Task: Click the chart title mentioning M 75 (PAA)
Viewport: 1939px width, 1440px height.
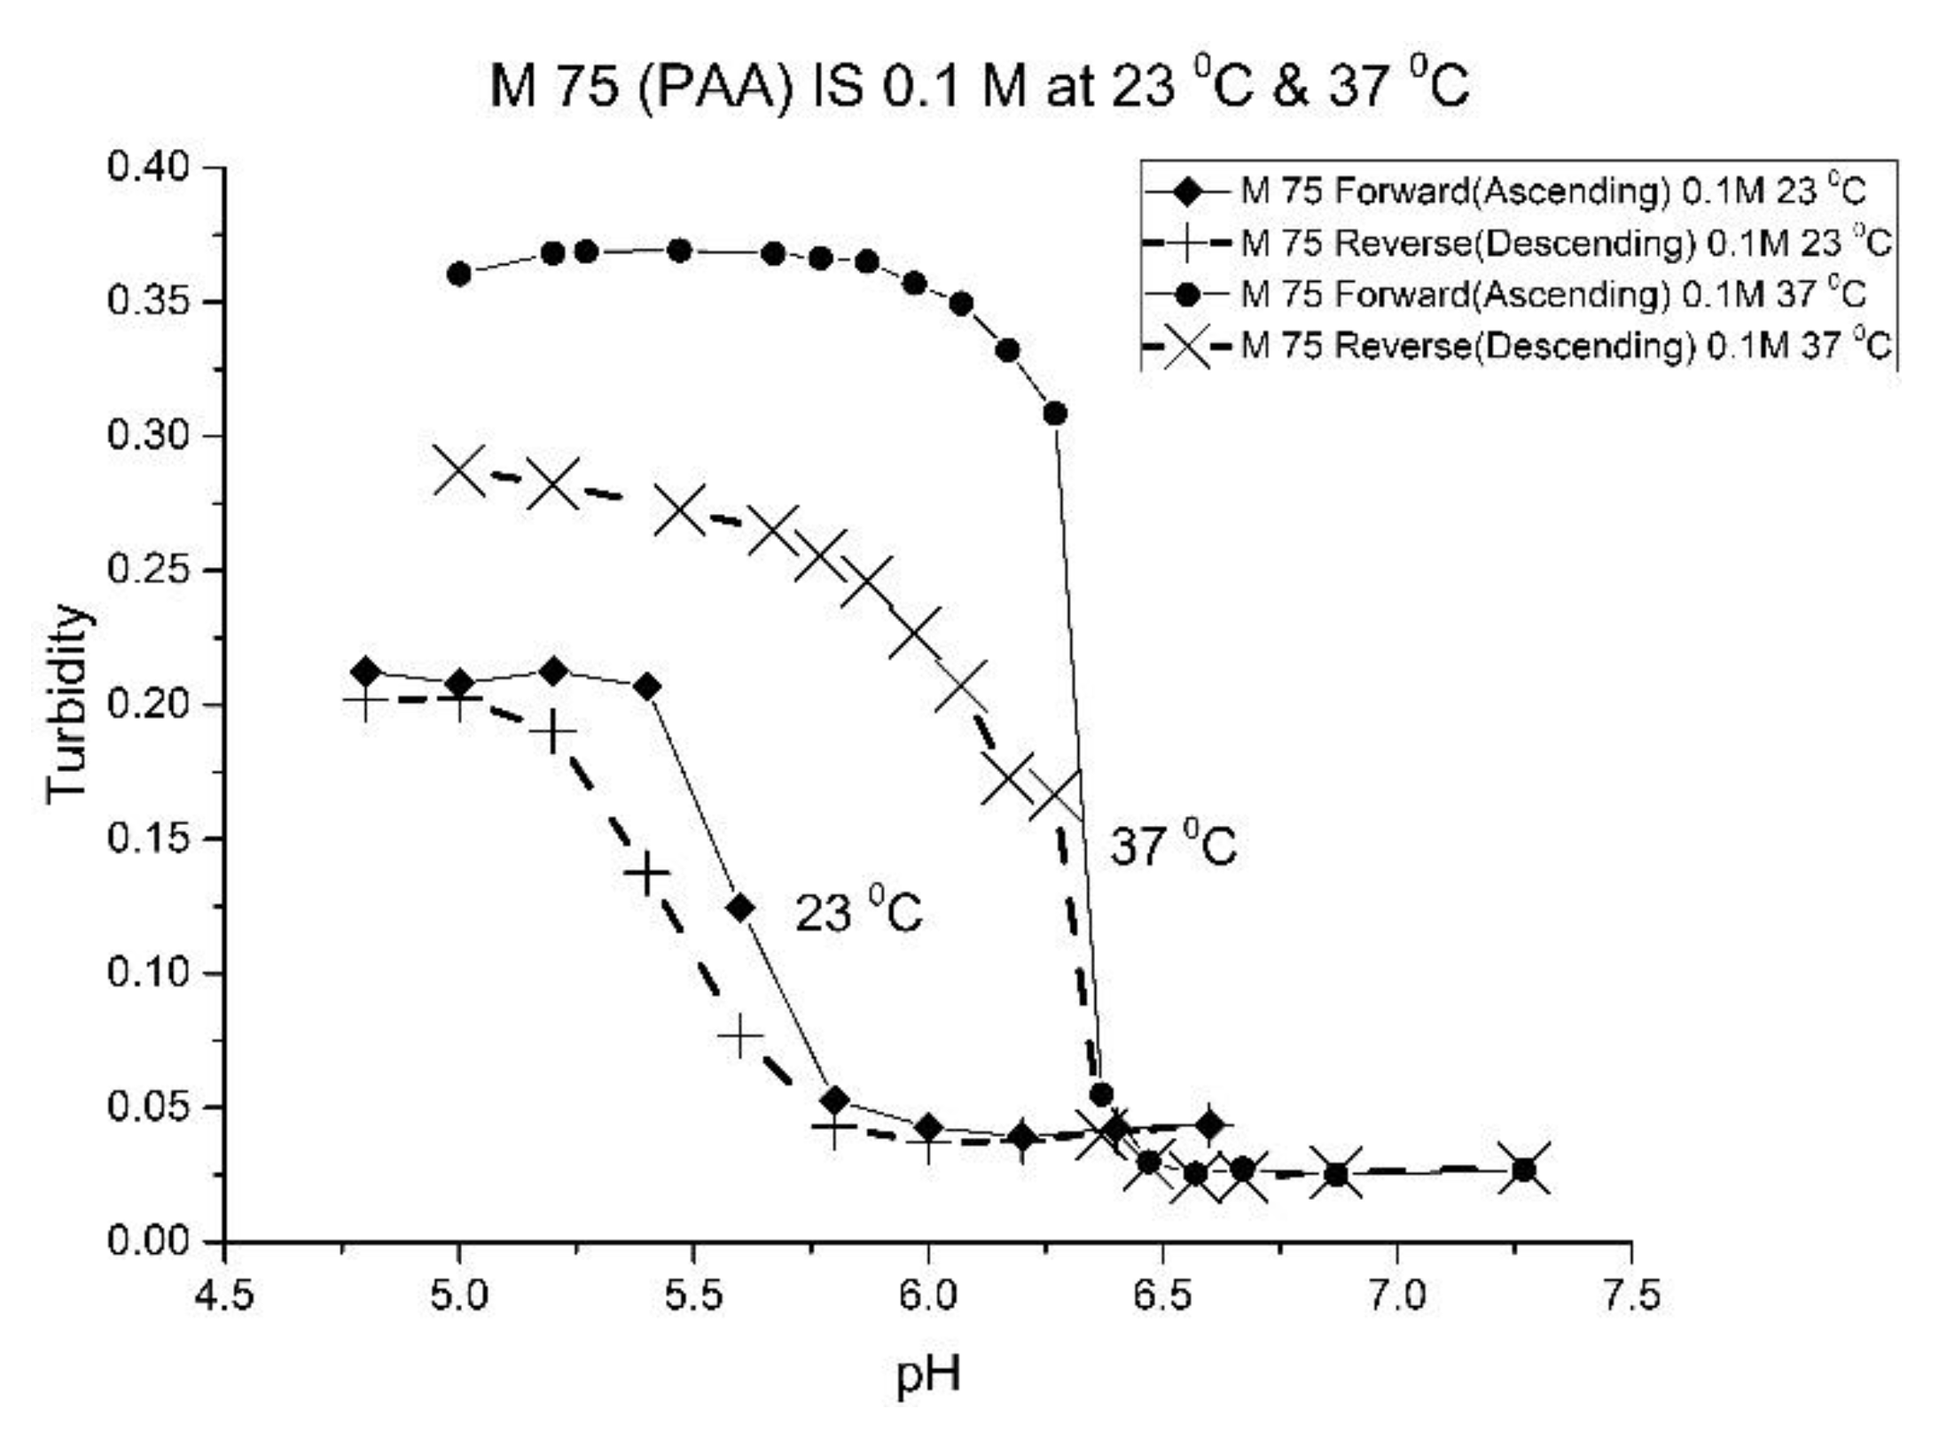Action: coord(979,88)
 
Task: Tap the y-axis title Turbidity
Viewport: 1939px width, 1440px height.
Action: coord(67,704)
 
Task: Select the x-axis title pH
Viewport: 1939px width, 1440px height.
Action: coord(927,1375)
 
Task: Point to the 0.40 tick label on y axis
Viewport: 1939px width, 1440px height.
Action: coord(148,167)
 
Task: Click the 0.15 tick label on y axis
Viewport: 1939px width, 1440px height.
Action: coord(148,838)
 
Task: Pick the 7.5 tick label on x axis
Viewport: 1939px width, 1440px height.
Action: coord(1630,1296)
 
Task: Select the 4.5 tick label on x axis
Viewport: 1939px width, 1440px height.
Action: coord(223,1296)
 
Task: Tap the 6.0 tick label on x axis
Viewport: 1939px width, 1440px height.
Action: coord(927,1296)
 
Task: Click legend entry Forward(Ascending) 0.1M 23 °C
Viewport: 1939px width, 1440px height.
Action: coord(1552,191)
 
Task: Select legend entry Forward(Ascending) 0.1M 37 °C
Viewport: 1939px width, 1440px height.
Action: coord(1552,293)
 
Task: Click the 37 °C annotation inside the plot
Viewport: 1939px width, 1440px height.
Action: coord(1172,845)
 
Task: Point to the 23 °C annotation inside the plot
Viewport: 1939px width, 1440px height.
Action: coord(857,912)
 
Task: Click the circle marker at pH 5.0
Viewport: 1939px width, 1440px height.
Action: coord(458,274)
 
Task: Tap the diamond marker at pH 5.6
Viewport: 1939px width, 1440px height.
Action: coord(740,908)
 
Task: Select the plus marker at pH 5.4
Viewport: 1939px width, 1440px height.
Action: coord(646,875)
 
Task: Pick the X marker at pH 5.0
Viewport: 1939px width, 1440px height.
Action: coord(458,470)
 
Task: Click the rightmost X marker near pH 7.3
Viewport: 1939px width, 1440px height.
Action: coord(1523,1169)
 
